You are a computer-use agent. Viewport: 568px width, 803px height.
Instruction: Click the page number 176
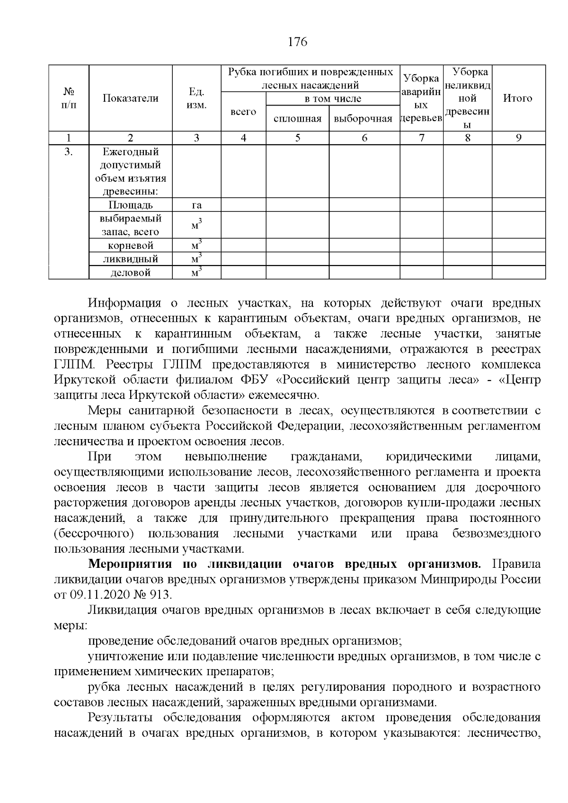(298, 42)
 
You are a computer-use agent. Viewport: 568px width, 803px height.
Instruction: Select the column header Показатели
(130, 98)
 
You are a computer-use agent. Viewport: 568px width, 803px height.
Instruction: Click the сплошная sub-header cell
(297, 119)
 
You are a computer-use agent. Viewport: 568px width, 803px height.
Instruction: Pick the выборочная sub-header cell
(363, 119)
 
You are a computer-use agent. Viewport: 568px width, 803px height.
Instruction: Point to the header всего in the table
(243, 112)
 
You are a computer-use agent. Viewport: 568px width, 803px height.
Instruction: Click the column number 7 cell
(421, 138)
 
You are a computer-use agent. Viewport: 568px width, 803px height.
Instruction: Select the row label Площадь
(130, 205)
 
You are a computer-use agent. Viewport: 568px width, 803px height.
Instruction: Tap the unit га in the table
(196, 205)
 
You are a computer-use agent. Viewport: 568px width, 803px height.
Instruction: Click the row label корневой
(130, 246)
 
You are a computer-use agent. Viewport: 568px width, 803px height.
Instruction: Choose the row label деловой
(130, 273)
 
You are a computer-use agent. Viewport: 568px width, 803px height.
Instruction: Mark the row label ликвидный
(130, 259)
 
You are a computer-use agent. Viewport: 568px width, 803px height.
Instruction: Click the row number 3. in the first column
(69, 152)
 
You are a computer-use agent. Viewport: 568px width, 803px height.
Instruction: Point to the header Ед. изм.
(196, 98)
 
